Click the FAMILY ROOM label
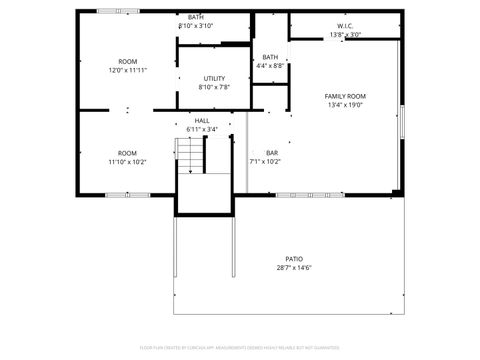(345, 96)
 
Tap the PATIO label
(294, 258)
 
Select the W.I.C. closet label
(345, 26)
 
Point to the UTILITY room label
(214, 78)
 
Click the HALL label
(202, 120)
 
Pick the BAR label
(271, 152)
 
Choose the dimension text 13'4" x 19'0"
(345, 105)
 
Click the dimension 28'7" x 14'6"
(294, 267)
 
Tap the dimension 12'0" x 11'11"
(128, 71)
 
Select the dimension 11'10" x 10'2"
(128, 161)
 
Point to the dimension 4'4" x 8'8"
(270, 66)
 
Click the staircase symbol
(190, 155)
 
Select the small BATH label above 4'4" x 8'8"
(270, 57)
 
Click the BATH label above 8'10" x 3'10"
(196, 17)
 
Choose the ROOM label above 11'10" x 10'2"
(128, 152)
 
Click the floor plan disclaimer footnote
(240, 348)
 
